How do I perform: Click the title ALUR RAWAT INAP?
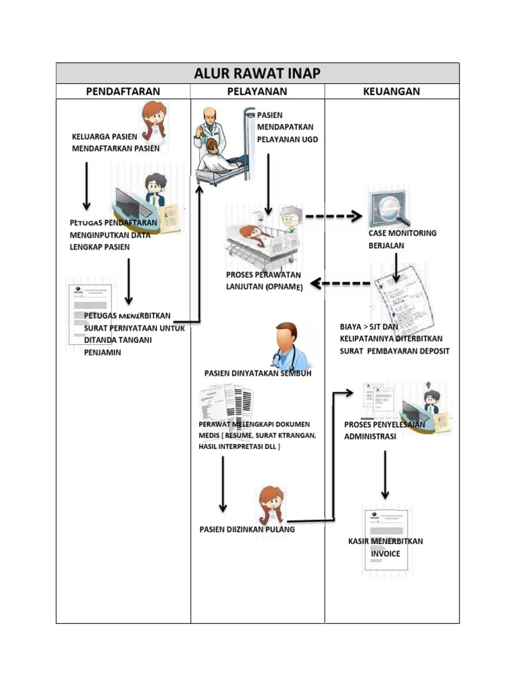(x=257, y=73)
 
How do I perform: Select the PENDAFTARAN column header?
(x=123, y=91)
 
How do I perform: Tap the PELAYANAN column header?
(x=257, y=91)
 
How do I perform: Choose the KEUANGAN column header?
(x=392, y=91)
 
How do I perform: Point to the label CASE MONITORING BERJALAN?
(x=402, y=240)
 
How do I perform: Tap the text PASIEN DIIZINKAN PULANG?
(x=247, y=529)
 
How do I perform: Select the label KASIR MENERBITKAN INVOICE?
(x=386, y=547)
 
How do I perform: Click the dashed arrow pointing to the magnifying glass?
(x=333, y=217)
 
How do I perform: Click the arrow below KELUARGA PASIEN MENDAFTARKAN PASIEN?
(x=87, y=185)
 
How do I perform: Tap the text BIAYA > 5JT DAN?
(x=369, y=327)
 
